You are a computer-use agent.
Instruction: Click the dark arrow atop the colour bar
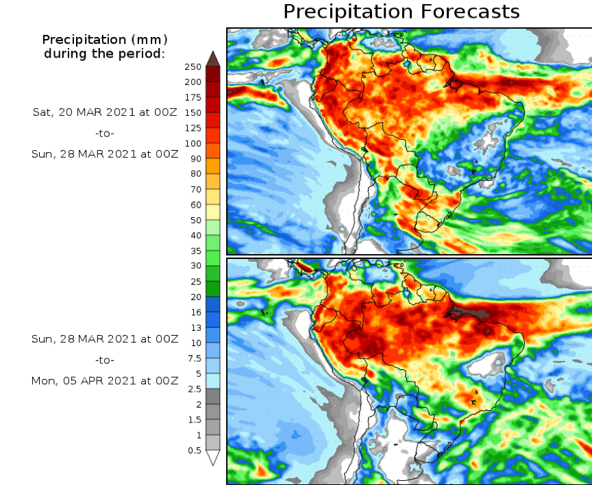point(212,58)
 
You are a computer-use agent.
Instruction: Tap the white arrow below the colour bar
point(212,458)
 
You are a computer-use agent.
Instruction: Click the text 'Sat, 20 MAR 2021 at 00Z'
point(105,112)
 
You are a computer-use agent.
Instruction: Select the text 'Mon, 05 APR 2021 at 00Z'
point(105,381)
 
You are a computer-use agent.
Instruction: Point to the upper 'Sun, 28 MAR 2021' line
point(105,154)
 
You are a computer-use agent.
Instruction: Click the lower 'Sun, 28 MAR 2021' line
point(105,339)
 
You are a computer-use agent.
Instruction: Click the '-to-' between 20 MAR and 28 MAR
point(105,133)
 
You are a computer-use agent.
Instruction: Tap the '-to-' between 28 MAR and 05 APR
point(105,360)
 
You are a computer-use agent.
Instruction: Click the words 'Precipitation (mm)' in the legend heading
point(105,39)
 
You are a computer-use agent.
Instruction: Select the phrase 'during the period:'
point(105,53)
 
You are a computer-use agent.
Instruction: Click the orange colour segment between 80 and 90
point(212,166)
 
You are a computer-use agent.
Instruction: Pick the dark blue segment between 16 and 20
point(212,303)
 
